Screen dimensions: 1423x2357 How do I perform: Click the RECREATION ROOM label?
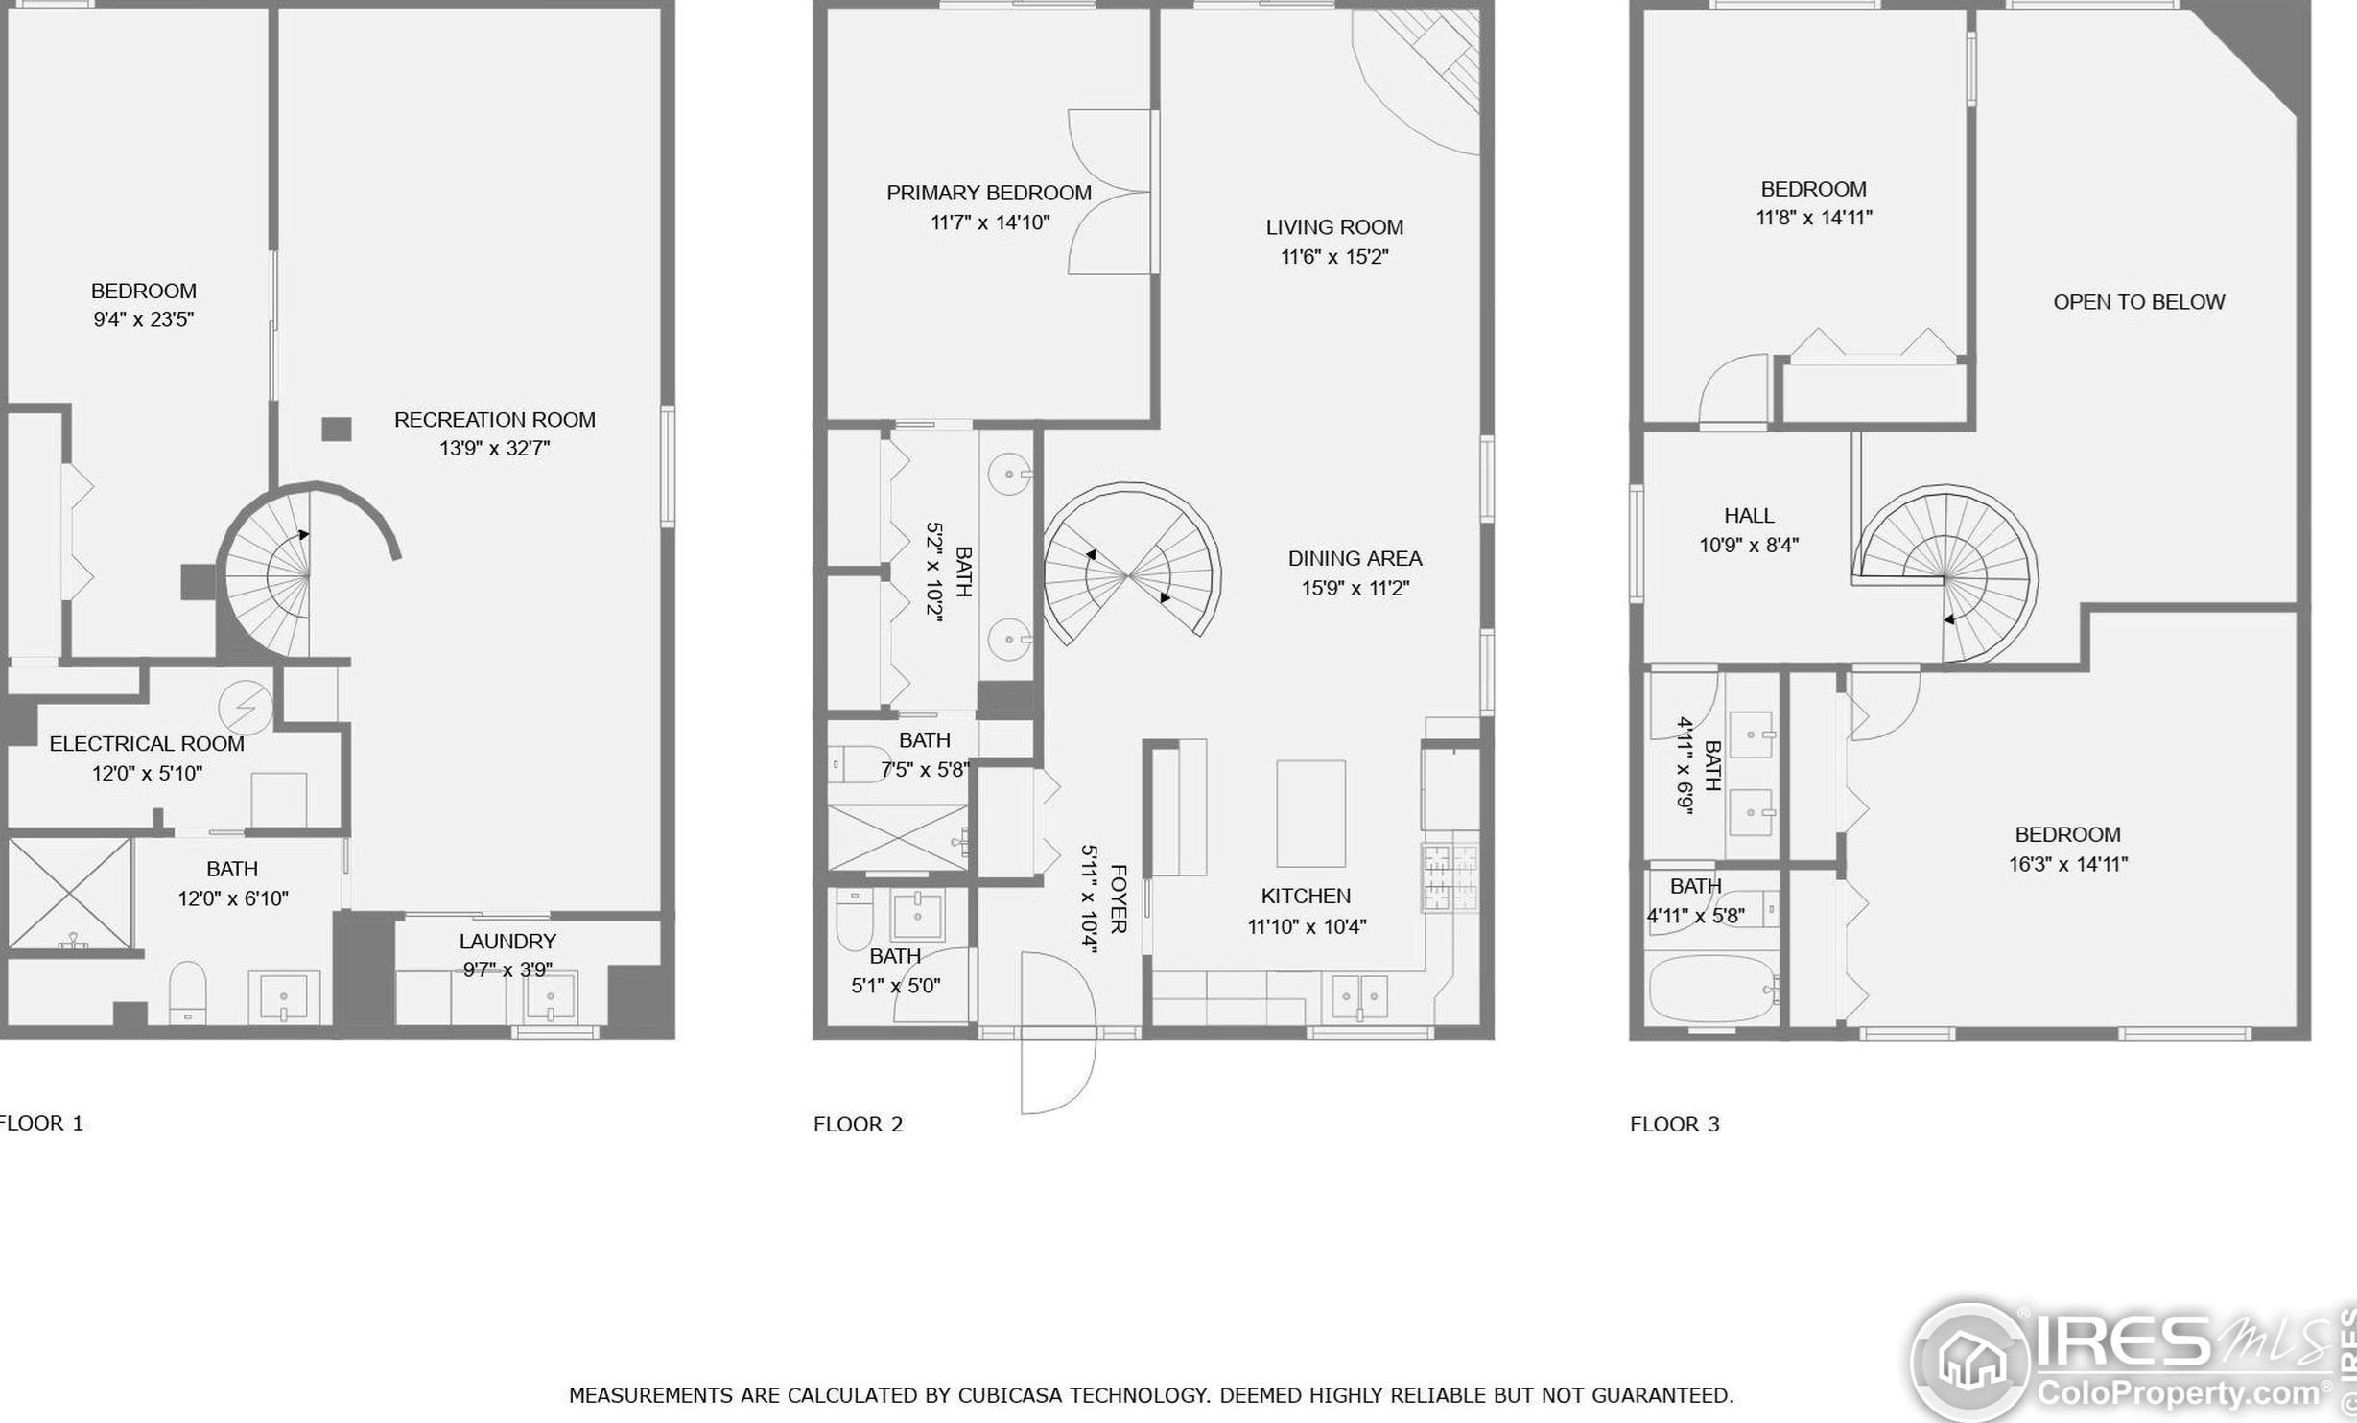494,420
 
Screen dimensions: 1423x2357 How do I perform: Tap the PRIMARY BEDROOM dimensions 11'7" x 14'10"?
989,222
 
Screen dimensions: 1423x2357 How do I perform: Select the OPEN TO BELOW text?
2138,302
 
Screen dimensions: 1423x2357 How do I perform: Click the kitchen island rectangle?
1310,813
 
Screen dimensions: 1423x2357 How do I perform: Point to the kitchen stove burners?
1450,877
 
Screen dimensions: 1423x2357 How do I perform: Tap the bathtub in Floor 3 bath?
1711,989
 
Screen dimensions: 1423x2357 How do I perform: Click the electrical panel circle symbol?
246,708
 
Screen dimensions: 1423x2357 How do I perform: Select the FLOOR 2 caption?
858,1124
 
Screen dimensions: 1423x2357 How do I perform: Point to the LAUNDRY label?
507,942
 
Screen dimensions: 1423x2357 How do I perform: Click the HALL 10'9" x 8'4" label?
1748,530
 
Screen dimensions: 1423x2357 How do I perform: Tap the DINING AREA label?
1355,559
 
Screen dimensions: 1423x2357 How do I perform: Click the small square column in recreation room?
336,429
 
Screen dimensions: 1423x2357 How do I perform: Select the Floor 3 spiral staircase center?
1944,578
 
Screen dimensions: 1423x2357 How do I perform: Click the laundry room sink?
551,997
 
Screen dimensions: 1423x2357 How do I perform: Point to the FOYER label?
1118,898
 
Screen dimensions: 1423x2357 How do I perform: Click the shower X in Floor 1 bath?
69,893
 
